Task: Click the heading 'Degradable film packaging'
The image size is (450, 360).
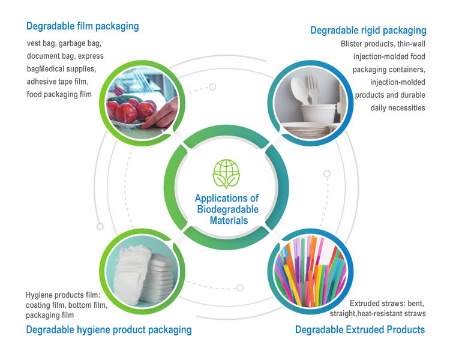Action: tap(82, 26)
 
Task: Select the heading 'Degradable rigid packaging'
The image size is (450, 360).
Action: tap(368, 30)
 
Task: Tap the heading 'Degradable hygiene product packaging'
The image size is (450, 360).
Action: tap(109, 329)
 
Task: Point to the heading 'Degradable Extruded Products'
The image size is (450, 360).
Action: tap(360, 329)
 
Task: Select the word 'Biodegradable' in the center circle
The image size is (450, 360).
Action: tap(227, 209)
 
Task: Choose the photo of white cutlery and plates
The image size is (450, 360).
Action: tap(311, 103)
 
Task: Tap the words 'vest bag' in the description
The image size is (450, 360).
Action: tap(42, 44)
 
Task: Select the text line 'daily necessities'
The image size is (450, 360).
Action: tap(395, 107)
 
